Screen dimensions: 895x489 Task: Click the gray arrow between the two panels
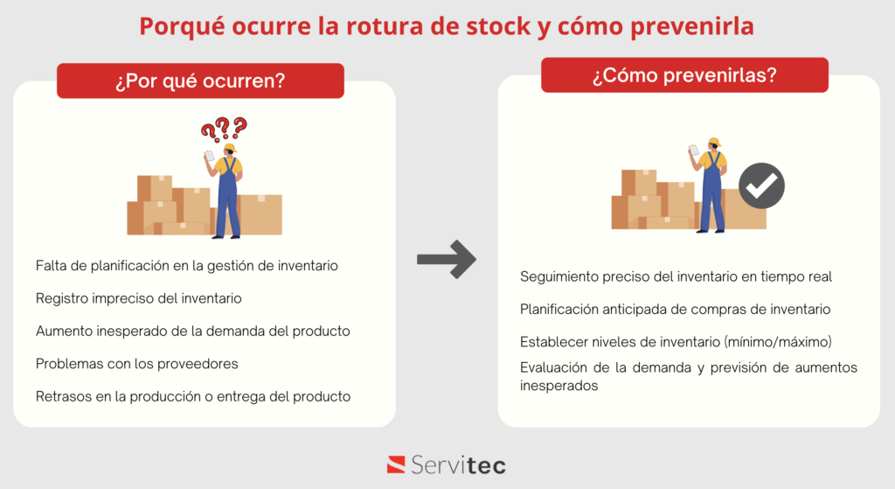tap(447, 259)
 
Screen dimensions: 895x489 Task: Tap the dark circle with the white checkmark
tap(761, 185)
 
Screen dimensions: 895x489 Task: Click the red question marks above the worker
tap(225, 129)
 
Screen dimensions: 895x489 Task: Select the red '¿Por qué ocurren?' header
tap(200, 80)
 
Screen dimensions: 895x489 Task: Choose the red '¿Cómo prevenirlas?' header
tap(684, 75)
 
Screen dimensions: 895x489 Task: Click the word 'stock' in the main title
tap(499, 26)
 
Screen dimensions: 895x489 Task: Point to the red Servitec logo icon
tap(396, 465)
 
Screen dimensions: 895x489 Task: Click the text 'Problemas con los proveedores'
tap(137, 364)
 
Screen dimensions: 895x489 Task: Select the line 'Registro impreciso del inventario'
tap(139, 298)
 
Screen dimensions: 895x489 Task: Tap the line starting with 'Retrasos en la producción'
tap(193, 396)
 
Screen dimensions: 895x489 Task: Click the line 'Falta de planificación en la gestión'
tap(187, 266)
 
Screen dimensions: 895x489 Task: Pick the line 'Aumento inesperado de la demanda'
tap(193, 332)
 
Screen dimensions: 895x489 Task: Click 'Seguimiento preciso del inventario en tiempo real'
tap(676, 277)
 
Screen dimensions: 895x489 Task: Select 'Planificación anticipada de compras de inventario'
tap(676, 310)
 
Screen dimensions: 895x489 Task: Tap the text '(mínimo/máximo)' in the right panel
tap(777, 342)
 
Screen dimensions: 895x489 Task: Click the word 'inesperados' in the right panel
tap(559, 386)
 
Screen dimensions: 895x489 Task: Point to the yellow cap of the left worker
tap(231, 148)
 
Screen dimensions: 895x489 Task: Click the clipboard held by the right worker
tap(693, 150)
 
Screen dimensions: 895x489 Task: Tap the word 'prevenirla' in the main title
tap(692, 26)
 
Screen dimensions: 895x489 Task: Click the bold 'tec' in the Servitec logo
tap(482, 465)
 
